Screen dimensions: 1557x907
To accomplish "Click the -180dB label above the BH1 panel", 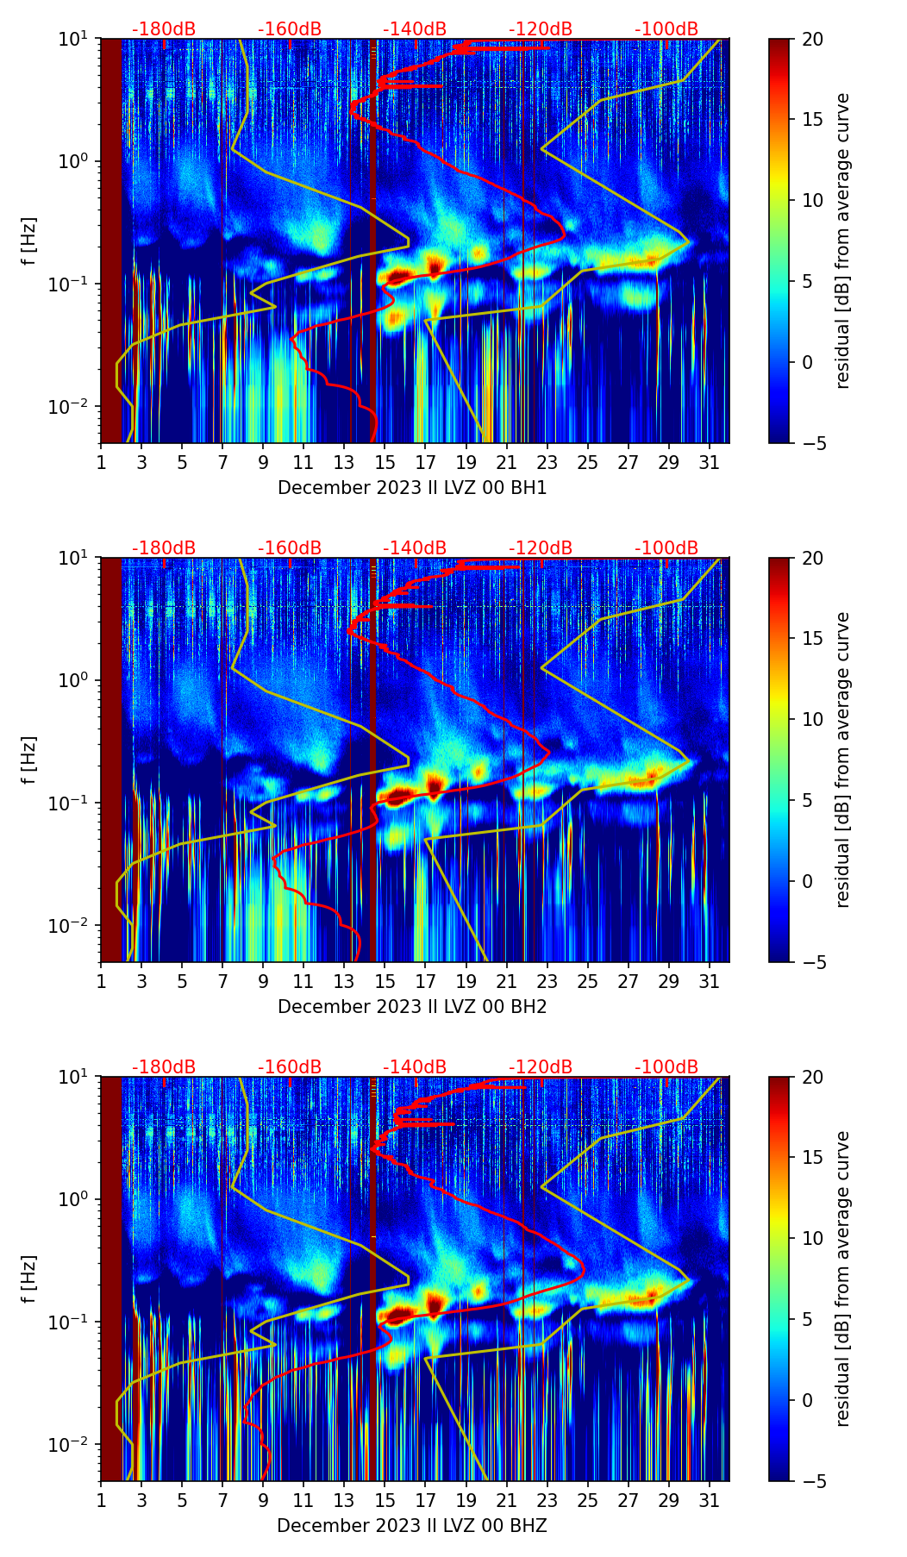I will click(164, 30).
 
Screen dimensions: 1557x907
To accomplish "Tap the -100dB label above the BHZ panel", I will click(666, 1067).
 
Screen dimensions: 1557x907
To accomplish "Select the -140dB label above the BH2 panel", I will click(415, 548).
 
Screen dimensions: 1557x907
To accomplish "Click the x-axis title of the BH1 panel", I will click(412, 488).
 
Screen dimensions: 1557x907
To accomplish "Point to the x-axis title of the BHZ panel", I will click(412, 1526).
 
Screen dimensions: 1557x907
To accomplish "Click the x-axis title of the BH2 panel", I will click(412, 1007).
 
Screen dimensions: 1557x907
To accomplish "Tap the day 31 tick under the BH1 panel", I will click(709, 462).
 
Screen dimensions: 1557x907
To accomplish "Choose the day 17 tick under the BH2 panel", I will click(425, 981).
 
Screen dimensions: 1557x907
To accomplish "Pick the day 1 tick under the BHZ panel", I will click(101, 1500).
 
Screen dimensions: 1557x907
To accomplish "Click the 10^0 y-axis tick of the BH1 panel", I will click(78, 162).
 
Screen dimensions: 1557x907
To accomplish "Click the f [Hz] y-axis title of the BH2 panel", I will click(30, 760).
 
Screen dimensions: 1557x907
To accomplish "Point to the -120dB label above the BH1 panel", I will click(541, 30).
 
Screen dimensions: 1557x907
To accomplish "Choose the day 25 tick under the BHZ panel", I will click(587, 1500).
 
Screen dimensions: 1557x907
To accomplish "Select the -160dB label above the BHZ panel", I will click(290, 1067).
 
